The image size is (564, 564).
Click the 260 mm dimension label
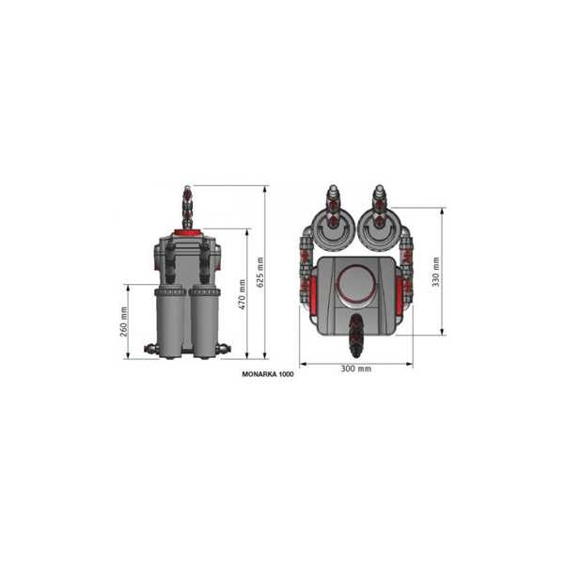[x=124, y=321]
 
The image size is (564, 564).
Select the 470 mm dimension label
[x=243, y=294]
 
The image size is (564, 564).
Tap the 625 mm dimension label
[x=260, y=273]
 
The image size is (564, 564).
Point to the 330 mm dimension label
[x=436, y=272]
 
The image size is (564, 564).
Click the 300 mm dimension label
[x=356, y=368]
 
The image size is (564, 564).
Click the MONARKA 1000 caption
[x=268, y=374]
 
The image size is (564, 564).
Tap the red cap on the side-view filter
[x=188, y=232]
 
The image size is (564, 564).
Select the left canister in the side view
[x=170, y=321]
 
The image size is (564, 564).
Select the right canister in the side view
[x=204, y=321]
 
